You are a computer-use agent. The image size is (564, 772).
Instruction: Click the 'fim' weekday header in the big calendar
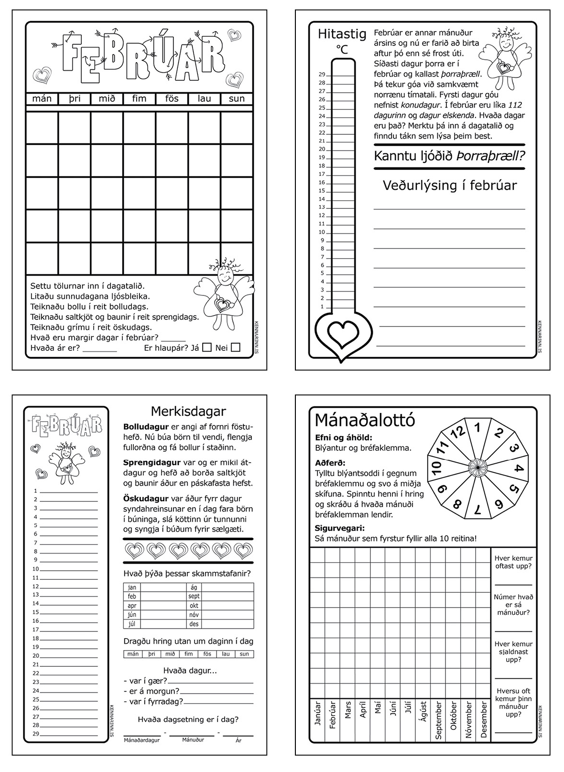(x=139, y=98)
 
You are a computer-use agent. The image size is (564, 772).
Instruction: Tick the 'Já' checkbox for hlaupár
(x=206, y=348)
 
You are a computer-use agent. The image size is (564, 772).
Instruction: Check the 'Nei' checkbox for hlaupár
(x=235, y=348)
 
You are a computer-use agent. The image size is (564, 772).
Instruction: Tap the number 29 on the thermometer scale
(x=322, y=75)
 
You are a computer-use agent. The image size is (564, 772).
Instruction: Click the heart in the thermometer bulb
(x=344, y=332)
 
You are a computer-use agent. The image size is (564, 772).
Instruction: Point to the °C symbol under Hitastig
(x=342, y=49)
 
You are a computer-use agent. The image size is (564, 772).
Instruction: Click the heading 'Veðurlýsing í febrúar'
(x=450, y=185)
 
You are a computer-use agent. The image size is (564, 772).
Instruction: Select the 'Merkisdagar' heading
(x=188, y=411)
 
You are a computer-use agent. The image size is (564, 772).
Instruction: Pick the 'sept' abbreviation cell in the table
(x=194, y=597)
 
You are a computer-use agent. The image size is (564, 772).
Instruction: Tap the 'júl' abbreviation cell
(x=132, y=624)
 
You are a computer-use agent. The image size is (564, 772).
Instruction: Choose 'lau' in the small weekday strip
(x=226, y=654)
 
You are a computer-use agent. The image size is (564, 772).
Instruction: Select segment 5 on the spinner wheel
(x=514, y=489)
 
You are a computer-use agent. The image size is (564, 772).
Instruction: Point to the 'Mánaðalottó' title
(x=365, y=421)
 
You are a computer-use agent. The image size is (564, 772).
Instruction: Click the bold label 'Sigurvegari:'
(x=339, y=528)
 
